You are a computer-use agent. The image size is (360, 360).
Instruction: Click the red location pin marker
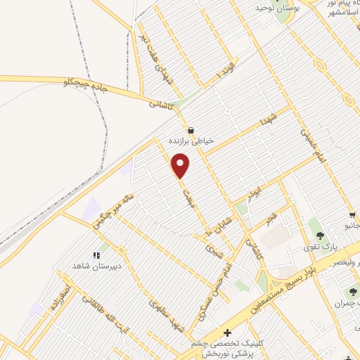[x=181, y=165]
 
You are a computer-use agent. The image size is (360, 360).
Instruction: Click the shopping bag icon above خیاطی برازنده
[x=191, y=130]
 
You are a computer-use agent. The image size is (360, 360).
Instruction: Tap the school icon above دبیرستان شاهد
[x=97, y=255]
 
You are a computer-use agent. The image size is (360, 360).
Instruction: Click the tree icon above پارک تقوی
[x=320, y=236]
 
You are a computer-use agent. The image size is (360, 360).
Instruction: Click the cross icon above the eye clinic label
[x=227, y=332]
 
